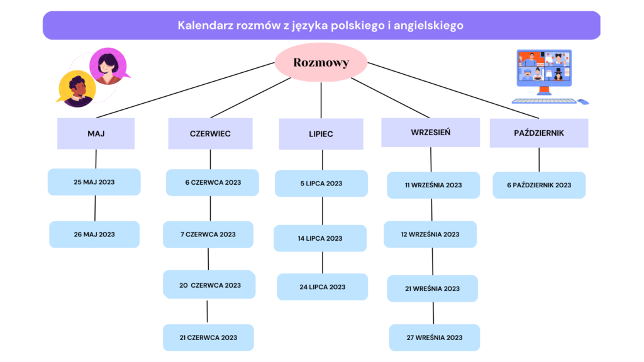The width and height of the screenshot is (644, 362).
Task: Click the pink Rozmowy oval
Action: (321, 62)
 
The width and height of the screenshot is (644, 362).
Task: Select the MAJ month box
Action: (96, 133)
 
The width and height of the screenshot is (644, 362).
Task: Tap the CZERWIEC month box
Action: (210, 133)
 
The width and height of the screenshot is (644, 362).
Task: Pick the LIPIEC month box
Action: (321, 134)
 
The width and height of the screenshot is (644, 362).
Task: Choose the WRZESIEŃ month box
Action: (430, 132)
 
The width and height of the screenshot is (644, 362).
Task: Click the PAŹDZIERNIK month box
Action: (539, 133)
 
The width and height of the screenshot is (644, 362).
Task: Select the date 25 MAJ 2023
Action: (94, 182)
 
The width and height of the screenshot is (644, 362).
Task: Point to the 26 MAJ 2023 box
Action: (94, 234)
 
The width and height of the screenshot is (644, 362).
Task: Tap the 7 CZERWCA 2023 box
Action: (208, 234)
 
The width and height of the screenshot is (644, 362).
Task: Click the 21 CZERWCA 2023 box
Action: (208, 337)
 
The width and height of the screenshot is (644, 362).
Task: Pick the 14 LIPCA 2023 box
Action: (320, 238)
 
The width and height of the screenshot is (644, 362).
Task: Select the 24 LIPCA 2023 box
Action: (323, 287)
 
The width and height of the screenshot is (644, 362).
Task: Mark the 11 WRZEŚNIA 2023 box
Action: (433, 185)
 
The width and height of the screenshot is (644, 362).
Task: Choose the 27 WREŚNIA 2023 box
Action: (435, 337)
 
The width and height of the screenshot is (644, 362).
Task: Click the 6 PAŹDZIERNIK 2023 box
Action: (539, 185)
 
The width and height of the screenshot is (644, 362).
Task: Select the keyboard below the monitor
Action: (544, 101)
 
